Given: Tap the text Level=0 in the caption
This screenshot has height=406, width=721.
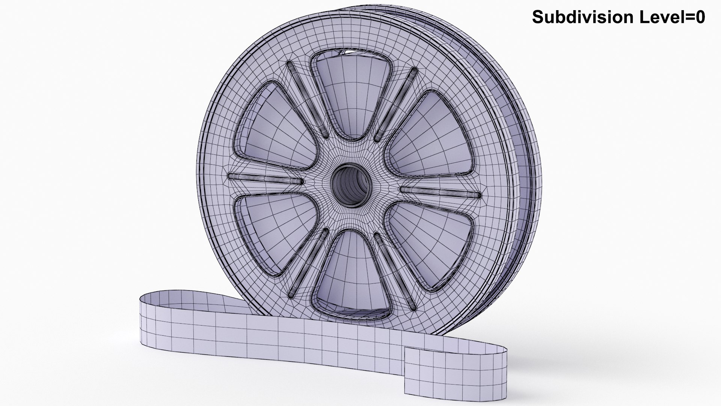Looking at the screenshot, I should point(676,17).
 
